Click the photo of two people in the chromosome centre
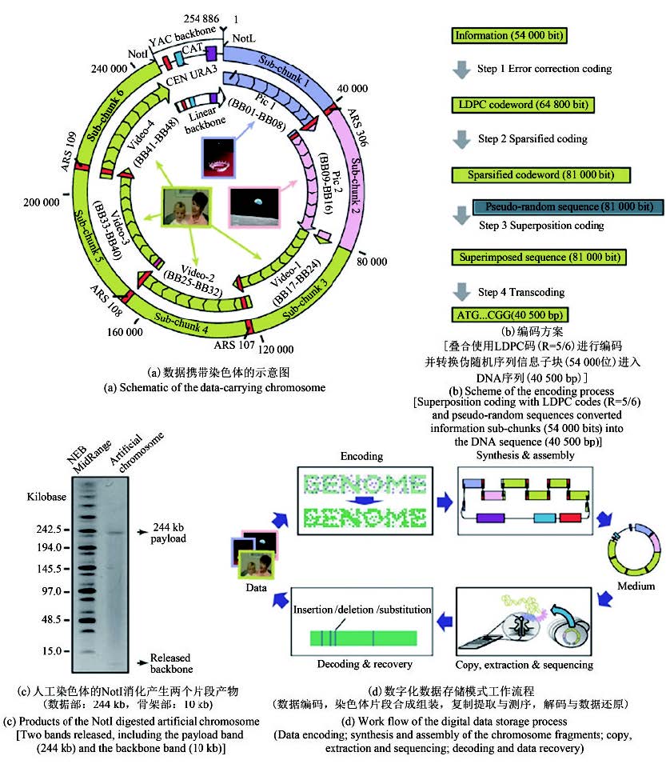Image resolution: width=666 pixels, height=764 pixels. pyautogui.click(x=189, y=212)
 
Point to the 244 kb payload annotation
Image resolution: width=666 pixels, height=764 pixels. pyautogui.click(x=169, y=534)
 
